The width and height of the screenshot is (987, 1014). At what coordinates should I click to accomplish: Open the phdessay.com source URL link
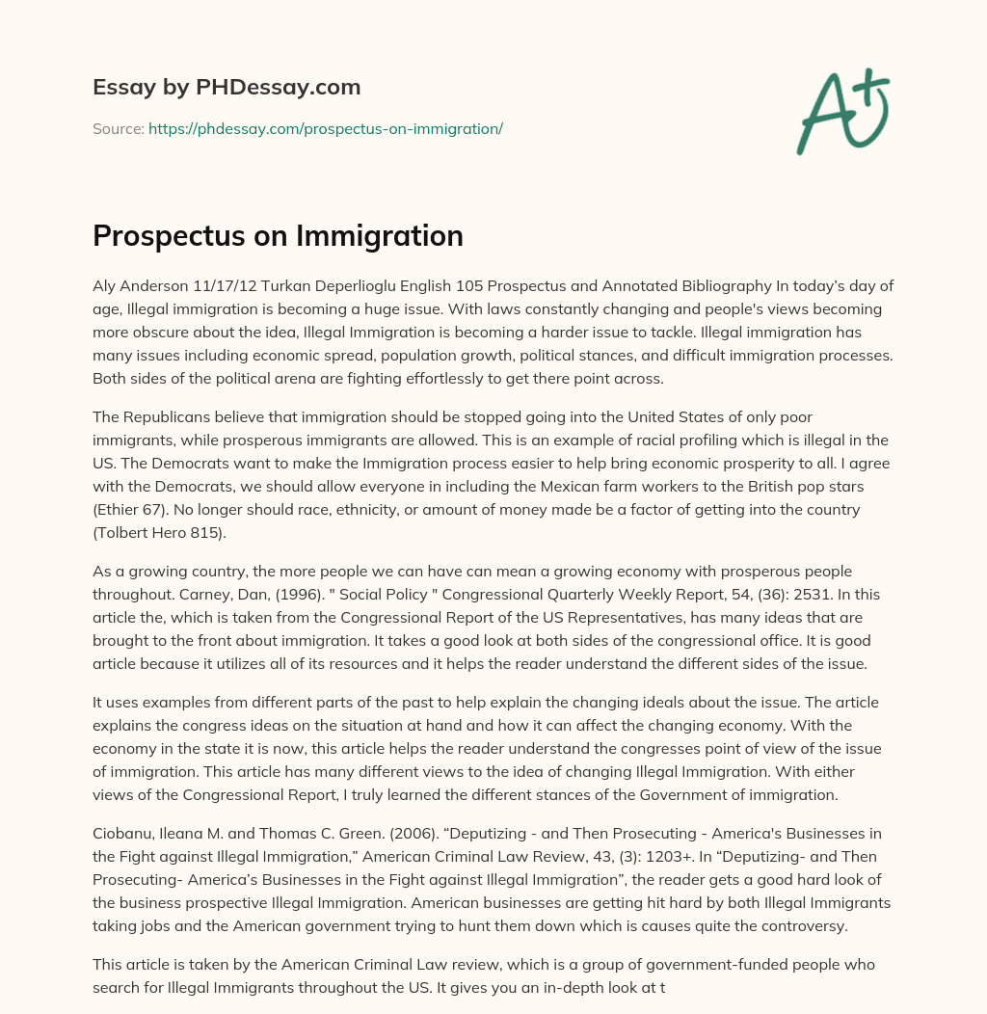coord(326,128)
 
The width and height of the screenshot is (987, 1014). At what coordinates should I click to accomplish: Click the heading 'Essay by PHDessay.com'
coord(227,88)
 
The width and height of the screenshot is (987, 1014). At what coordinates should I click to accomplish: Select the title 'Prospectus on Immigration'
coord(278,236)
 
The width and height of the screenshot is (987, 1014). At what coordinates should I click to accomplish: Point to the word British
coord(760,487)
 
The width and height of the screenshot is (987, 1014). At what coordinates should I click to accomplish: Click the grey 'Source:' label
coord(118,128)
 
